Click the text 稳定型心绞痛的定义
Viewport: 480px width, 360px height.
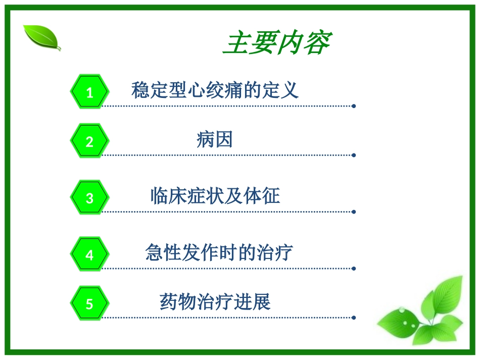point(215,90)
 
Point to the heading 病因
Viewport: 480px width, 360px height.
point(215,139)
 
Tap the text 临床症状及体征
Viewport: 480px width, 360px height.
point(215,196)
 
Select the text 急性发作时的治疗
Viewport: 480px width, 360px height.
point(219,252)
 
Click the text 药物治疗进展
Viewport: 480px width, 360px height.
point(215,302)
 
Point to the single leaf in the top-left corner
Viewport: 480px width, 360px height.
point(42,37)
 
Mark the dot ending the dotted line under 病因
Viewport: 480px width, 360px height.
point(354,155)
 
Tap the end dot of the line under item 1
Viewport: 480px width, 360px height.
point(354,106)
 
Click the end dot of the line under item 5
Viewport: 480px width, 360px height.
point(354,318)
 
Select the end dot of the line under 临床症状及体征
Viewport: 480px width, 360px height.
point(354,212)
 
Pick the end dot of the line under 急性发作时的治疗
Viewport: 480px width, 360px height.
point(354,269)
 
